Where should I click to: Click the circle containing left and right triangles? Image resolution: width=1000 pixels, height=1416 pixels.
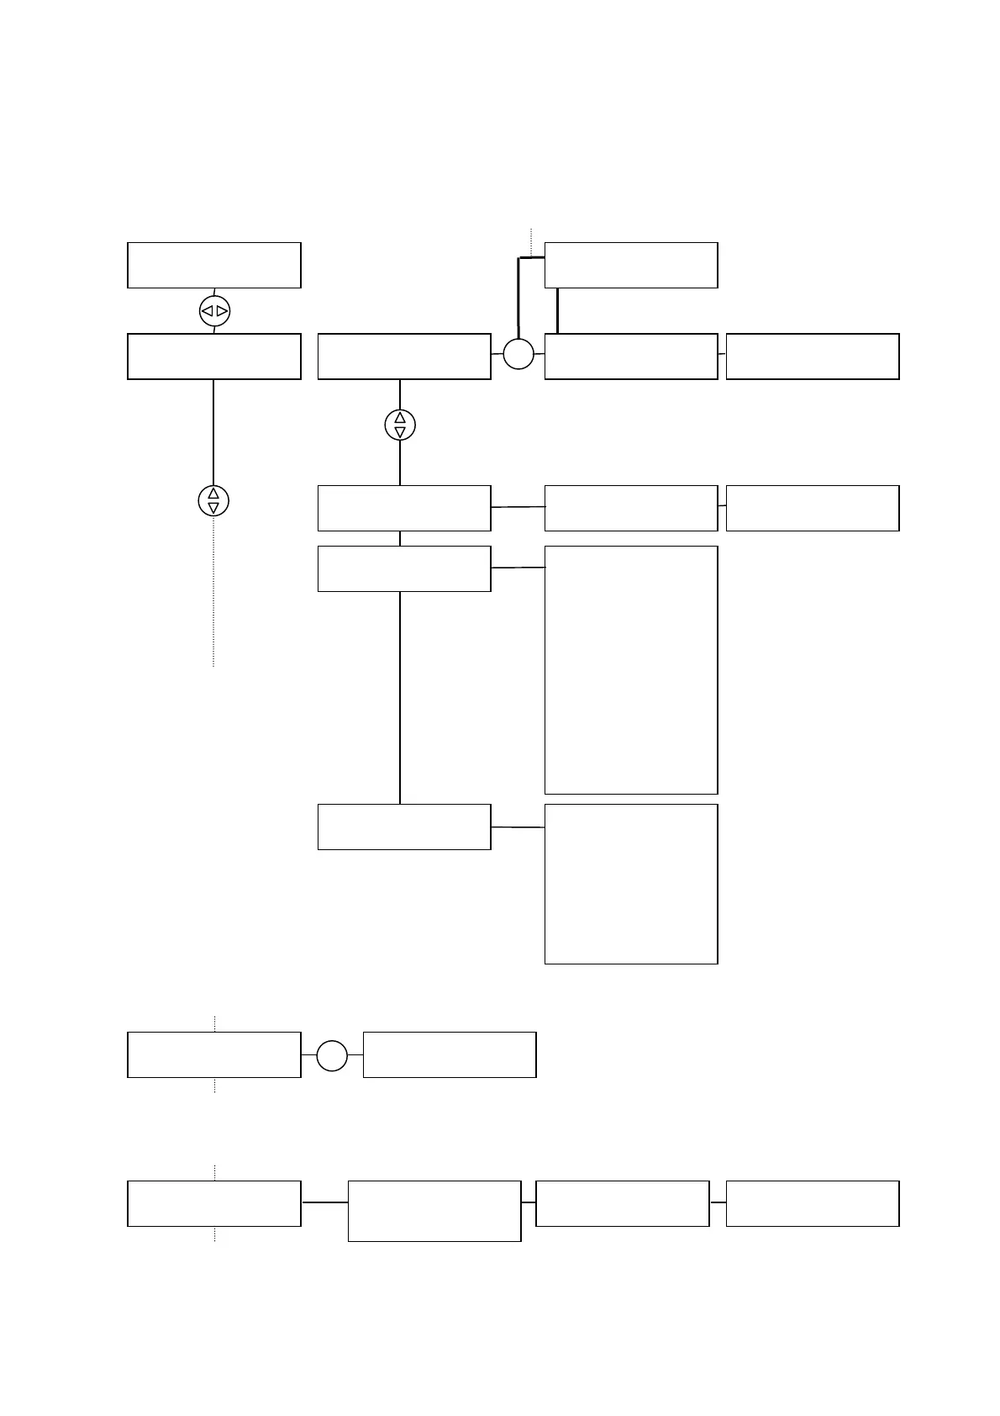coord(214,311)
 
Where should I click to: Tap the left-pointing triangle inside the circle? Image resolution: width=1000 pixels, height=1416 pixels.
coord(207,311)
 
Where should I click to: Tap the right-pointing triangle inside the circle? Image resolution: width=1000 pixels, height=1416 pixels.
coord(222,311)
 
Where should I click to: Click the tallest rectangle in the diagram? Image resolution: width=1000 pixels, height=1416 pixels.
coord(631,669)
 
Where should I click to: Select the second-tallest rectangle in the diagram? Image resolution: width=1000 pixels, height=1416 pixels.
coord(631,884)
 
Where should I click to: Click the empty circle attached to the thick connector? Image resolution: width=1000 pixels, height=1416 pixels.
coord(518,354)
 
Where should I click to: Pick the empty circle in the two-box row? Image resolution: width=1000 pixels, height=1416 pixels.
coord(332,1055)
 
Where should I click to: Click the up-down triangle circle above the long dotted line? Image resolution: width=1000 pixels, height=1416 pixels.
coord(213,501)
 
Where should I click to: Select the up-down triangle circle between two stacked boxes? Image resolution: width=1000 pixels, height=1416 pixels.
coord(400,425)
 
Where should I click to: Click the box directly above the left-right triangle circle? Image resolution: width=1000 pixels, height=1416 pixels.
coord(214,265)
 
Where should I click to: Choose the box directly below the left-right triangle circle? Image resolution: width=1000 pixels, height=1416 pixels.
coord(214,357)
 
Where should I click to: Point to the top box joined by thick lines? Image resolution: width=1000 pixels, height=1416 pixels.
coord(631,265)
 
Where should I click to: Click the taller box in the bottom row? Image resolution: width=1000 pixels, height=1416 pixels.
coord(434,1211)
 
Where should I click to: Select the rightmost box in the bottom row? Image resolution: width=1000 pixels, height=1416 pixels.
coord(813,1203)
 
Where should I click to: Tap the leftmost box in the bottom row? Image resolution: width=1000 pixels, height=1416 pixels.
coord(214,1203)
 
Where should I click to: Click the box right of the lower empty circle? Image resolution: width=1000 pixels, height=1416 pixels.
coord(450,1054)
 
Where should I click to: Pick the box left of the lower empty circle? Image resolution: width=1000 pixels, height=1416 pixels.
coord(214,1054)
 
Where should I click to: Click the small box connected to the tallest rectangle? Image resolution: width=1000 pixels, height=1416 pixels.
coord(404,568)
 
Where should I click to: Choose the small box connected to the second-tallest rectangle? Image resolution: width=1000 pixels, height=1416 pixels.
coord(404,827)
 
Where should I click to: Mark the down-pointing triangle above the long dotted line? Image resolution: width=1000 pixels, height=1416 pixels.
coord(213,508)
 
